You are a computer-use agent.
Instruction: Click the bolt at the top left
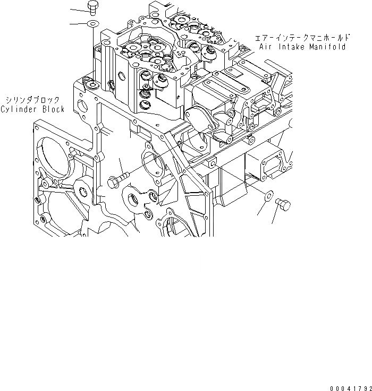coord(91,8)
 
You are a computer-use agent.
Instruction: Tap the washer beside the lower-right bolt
coord(268,196)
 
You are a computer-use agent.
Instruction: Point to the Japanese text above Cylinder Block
coord(32,100)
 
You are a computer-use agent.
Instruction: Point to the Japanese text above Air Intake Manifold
coord(303,38)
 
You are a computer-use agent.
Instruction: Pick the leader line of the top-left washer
coord(78,24)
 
